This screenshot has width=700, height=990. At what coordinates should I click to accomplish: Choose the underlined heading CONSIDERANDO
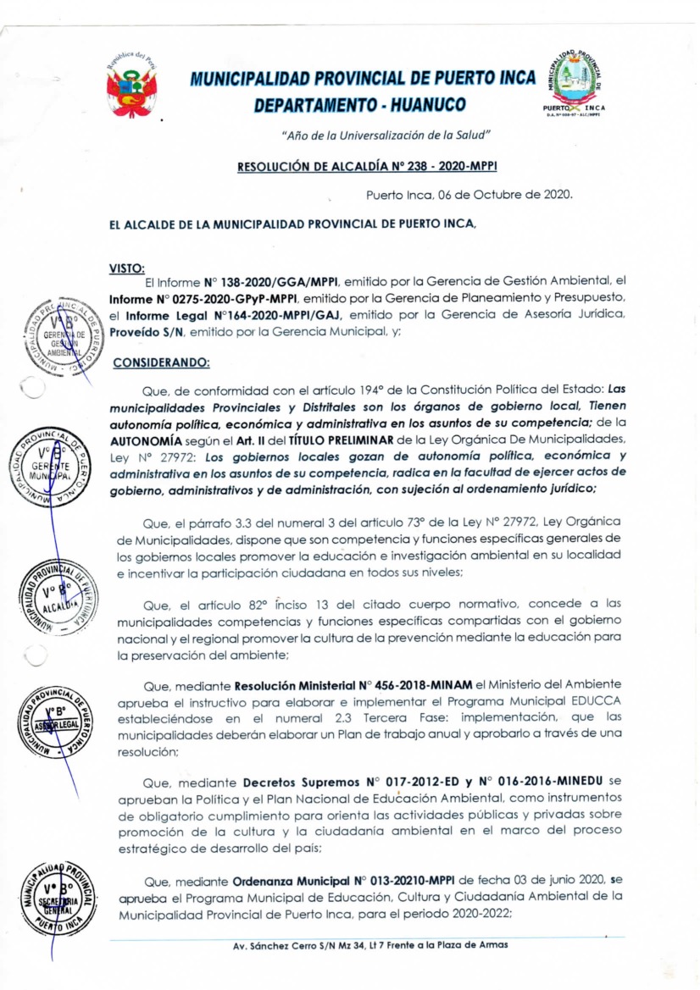coord(161,362)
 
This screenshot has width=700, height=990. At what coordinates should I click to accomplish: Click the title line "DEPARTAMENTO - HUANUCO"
coord(359,105)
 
